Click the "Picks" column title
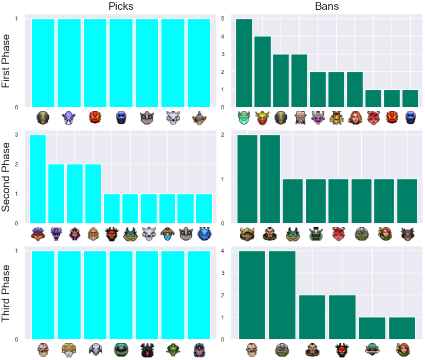tap(121, 6)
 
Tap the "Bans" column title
tap(327, 6)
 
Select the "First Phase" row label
tap(6, 61)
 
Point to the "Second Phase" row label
tap(6, 177)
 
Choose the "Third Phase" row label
tap(6, 293)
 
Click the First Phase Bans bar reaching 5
tap(244, 63)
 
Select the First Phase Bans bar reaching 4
tap(263, 72)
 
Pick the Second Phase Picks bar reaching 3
tap(38, 179)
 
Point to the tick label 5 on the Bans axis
tap(223, 18)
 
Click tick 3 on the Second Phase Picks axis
tap(16, 135)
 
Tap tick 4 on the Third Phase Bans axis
tap(223, 251)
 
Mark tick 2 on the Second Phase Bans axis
tap(223, 135)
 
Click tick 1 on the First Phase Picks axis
tap(16, 18)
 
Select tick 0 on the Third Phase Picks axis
tap(16, 339)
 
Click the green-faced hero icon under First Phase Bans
tap(244, 118)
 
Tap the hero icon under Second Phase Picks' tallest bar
tap(38, 234)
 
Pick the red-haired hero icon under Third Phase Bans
tap(402, 350)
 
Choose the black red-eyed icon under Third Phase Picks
tap(147, 350)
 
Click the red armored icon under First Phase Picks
tap(95, 118)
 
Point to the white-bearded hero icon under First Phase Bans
tap(300, 118)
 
